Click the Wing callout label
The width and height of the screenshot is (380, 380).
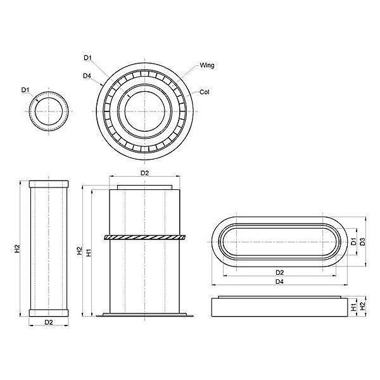(x=206, y=65)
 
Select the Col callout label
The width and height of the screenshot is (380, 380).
(x=204, y=92)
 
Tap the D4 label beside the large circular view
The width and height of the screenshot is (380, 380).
(x=87, y=76)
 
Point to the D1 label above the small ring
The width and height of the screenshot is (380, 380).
(x=25, y=90)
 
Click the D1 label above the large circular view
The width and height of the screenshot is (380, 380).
(x=88, y=58)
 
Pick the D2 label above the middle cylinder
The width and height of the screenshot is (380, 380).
(x=144, y=173)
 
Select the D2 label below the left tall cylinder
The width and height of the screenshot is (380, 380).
(x=49, y=322)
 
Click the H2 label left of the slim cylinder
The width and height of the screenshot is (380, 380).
(x=17, y=249)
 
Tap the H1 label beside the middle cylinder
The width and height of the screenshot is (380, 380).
(x=89, y=253)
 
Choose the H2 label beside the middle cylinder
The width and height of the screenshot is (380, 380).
(x=80, y=251)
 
